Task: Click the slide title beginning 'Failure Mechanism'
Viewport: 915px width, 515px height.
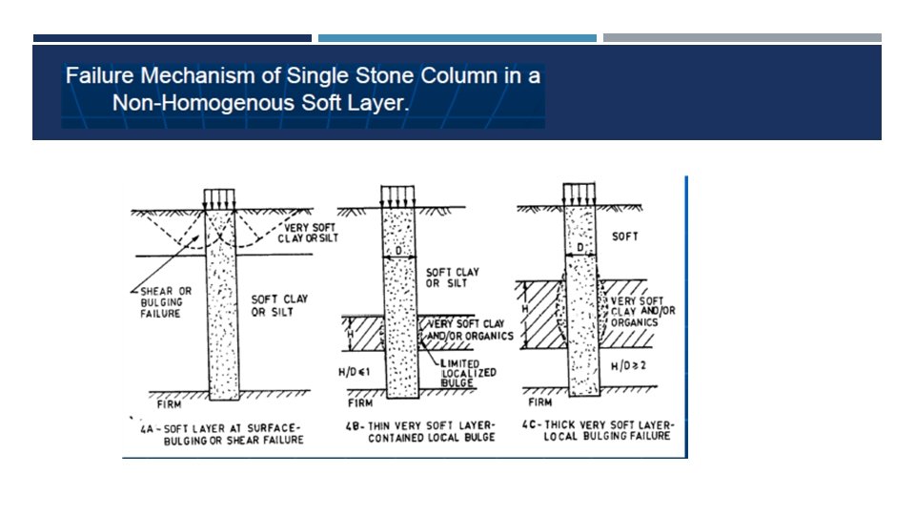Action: [303, 88]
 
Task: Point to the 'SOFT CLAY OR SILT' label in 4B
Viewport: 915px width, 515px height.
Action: [453, 278]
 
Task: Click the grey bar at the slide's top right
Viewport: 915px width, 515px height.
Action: [742, 38]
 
